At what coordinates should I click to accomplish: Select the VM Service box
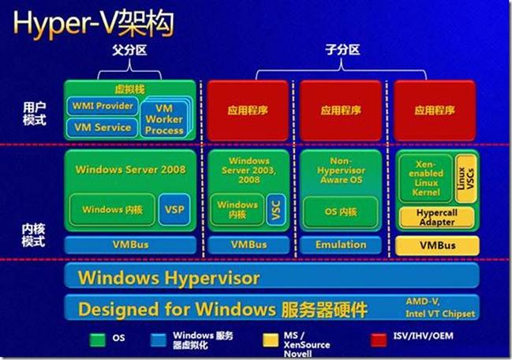click(x=103, y=126)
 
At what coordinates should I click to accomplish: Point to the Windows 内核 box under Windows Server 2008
click(x=113, y=210)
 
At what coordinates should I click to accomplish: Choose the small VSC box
click(x=275, y=210)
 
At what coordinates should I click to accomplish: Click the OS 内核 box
click(x=341, y=212)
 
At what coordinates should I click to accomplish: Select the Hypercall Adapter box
click(x=436, y=217)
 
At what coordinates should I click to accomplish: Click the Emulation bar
click(x=341, y=245)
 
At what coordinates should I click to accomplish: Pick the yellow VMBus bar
click(x=436, y=245)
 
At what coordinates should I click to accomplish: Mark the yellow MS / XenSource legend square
click(x=268, y=339)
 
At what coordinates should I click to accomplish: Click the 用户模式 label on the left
click(x=34, y=112)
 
